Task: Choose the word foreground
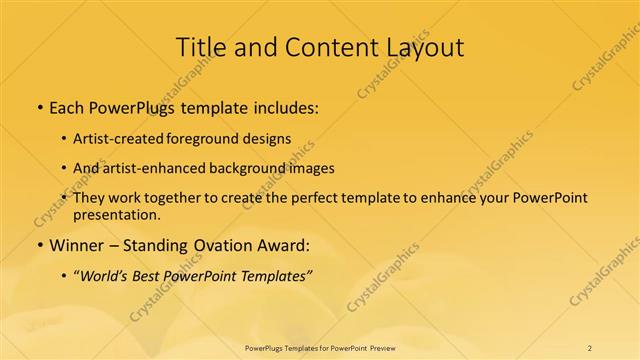coord(213,138)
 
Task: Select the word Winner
coord(77,244)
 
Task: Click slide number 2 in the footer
coord(590,348)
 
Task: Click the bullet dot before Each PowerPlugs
coord(38,104)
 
